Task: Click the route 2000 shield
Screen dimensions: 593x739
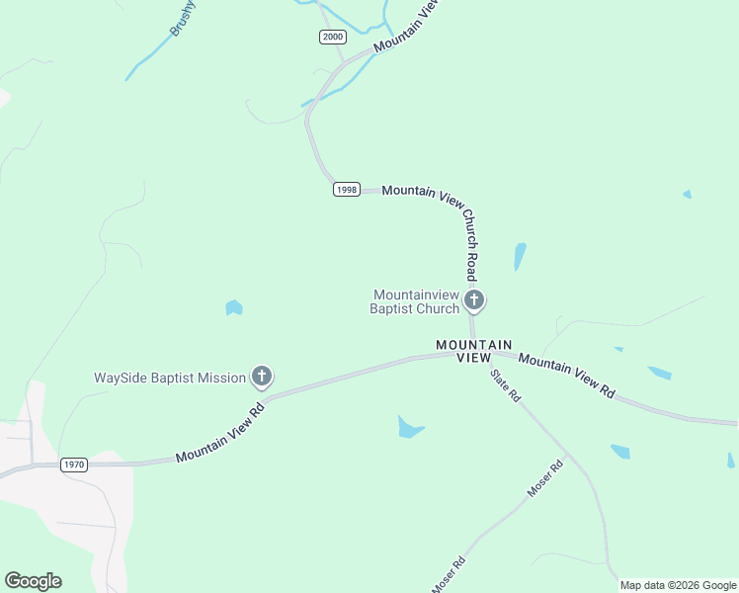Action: (x=333, y=37)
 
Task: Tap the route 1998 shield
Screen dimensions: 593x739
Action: (x=346, y=190)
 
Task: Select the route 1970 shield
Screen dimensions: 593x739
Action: (x=73, y=464)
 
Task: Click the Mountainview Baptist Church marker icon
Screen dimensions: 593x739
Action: (x=474, y=299)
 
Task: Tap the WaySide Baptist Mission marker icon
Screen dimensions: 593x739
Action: (x=262, y=376)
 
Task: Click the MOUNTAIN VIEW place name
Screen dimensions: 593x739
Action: (x=474, y=350)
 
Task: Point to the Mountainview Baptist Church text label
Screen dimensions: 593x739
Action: (x=415, y=301)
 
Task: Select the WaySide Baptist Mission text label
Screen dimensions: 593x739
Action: (x=169, y=378)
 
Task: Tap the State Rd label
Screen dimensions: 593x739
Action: (x=506, y=385)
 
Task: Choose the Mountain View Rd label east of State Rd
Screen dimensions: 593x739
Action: (x=566, y=376)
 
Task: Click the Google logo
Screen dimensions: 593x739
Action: (x=33, y=581)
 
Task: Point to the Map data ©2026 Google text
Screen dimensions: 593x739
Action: (x=678, y=585)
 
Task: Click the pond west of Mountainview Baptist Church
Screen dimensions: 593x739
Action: (x=234, y=308)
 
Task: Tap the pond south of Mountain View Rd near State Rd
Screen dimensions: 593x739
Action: (x=409, y=427)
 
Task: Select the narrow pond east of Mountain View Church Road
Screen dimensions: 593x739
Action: (x=520, y=256)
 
